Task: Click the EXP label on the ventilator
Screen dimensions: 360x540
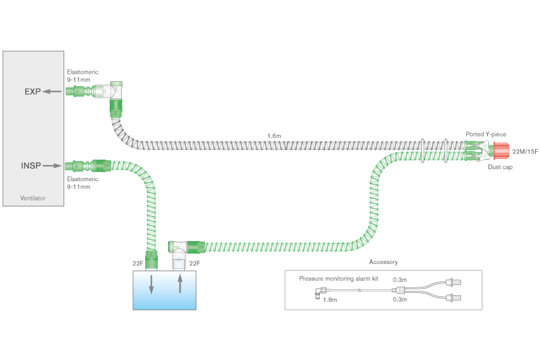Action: pos(33,92)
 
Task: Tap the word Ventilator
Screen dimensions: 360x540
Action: pos(33,198)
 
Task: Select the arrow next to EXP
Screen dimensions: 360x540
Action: pos(54,92)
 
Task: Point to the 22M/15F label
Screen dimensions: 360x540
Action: pos(525,152)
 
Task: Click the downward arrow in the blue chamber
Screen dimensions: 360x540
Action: pos(151,284)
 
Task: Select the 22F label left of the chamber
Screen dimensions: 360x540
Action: pos(137,263)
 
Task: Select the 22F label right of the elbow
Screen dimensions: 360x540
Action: pos(194,263)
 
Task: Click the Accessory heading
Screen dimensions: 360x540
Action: pos(383,262)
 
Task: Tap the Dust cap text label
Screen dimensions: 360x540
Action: pos(500,167)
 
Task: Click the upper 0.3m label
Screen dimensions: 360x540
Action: pos(399,279)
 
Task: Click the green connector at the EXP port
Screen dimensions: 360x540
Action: pos(76,92)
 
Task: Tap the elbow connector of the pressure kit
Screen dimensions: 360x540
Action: pos(318,293)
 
